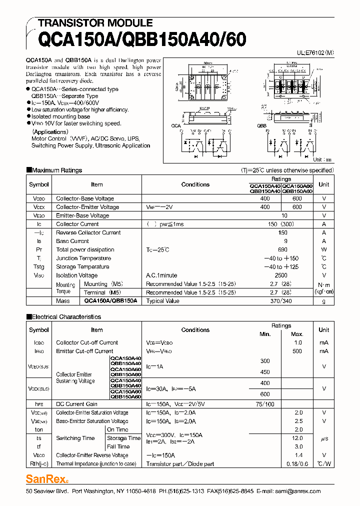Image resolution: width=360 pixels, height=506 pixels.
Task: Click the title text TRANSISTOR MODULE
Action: click(95, 23)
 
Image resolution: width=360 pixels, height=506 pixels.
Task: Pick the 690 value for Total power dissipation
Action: click(282, 249)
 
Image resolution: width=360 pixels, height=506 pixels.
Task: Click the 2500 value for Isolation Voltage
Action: click(281, 275)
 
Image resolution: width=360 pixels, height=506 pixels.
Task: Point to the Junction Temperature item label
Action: click(83, 258)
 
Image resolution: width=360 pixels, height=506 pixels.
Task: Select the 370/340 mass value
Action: click(281, 301)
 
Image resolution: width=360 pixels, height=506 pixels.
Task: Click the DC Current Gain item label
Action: click(76, 404)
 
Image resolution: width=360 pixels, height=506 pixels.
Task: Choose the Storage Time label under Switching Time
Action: click(123, 438)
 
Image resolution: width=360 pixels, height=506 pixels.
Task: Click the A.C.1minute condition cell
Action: click(161, 275)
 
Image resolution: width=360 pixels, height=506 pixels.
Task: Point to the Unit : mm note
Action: click(322, 160)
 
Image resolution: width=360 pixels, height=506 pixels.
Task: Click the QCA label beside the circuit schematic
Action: click(176, 125)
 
